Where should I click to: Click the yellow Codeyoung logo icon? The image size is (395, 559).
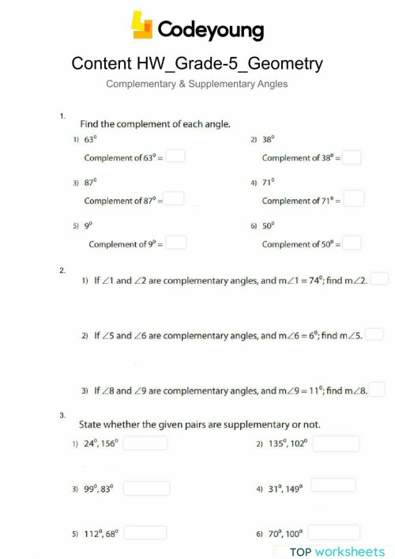click(x=141, y=25)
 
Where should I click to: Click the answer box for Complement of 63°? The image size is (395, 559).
click(x=175, y=157)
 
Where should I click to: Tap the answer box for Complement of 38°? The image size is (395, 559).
click(x=352, y=157)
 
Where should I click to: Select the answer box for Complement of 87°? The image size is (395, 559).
click(x=175, y=199)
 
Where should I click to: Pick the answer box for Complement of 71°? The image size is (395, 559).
click(x=353, y=199)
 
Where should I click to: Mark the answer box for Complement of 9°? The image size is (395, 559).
click(x=176, y=243)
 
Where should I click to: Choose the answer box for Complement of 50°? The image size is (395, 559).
click(x=352, y=243)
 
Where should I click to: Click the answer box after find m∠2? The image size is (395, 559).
click(x=380, y=279)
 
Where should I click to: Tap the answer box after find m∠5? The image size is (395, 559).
click(x=374, y=334)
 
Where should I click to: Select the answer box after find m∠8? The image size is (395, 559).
click(x=378, y=390)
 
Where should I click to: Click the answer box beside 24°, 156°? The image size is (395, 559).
click(x=145, y=443)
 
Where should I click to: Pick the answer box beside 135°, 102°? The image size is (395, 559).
click(x=336, y=443)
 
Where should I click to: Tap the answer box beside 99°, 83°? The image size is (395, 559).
click(x=146, y=489)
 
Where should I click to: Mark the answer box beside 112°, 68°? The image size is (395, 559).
click(x=145, y=533)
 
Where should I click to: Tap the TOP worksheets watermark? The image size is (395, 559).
click(x=337, y=551)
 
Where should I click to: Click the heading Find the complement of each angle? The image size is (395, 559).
click(x=156, y=123)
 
